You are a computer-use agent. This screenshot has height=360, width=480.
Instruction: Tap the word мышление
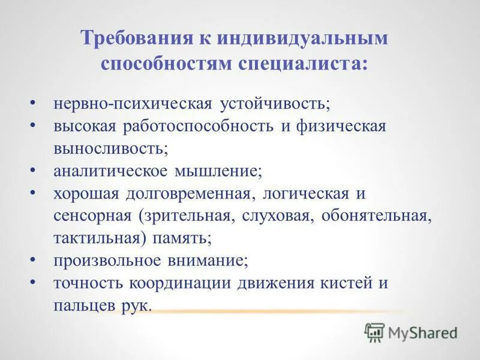point(218,170)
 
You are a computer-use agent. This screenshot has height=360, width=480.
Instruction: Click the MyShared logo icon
point(374,332)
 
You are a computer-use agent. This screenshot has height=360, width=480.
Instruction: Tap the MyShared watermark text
point(423,332)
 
